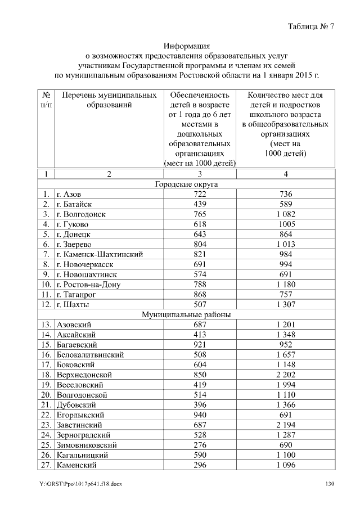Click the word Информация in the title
click(x=186, y=46)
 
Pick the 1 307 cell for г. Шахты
click(x=286, y=304)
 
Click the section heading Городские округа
click(x=186, y=184)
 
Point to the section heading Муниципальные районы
click(x=186, y=314)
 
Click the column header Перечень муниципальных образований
click(x=109, y=99)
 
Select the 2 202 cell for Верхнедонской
click(x=286, y=375)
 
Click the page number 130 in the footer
click(x=330, y=485)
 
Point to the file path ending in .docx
click(x=81, y=485)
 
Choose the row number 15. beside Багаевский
click(x=46, y=344)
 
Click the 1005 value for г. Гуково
click(x=286, y=224)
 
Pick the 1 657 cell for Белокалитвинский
click(x=286, y=354)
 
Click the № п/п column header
click(x=46, y=99)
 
